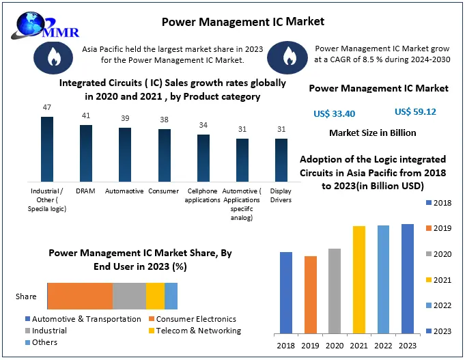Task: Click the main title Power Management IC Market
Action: [243, 21]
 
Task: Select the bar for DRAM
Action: [86, 154]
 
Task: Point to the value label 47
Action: [46, 107]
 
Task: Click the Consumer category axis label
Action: [165, 191]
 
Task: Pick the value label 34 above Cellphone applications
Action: [203, 125]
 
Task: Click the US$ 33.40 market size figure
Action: [334, 113]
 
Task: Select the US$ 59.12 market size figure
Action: [415, 111]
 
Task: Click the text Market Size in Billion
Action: [372, 133]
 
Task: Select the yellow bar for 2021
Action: [358, 280]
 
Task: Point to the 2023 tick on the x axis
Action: [407, 346]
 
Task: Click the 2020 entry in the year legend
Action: [440, 253]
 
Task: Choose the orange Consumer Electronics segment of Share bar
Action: [80, 296]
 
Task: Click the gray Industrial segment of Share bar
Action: [129, 296]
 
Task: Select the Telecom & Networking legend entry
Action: [193, 331]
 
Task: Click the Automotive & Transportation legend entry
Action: [83, 319]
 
